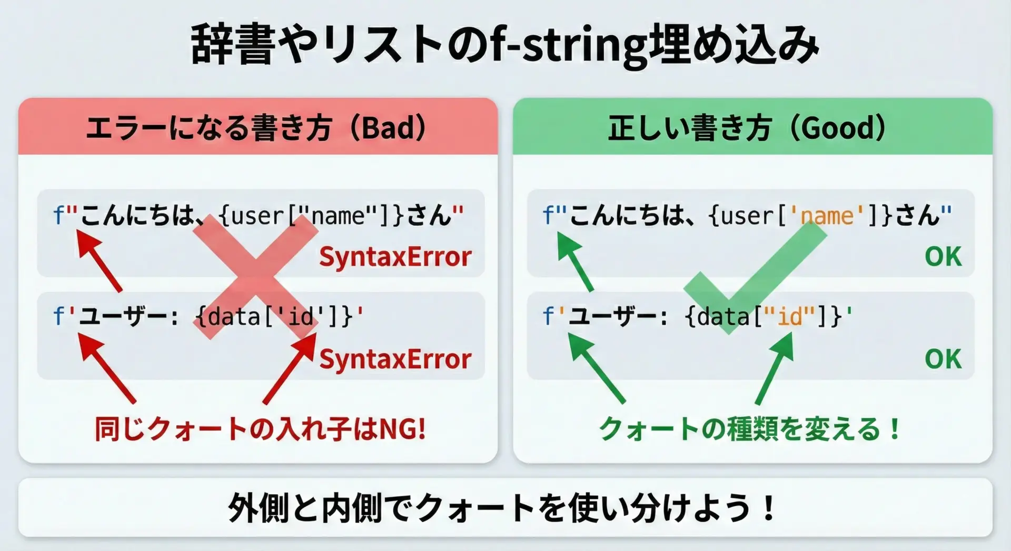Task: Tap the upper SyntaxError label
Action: coord(395,257)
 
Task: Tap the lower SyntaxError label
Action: coord(395,359)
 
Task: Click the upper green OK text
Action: coord(943,257)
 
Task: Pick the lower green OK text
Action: coord(943,359)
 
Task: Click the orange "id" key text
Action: coord(789,317)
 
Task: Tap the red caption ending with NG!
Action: coord(260,429)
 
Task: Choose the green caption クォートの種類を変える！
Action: coord(750,429)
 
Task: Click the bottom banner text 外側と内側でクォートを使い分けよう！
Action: coord(502,508)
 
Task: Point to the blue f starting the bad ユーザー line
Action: coord(58,316)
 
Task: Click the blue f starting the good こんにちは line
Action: coord(548,215)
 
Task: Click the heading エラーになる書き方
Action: coord(209,128)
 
